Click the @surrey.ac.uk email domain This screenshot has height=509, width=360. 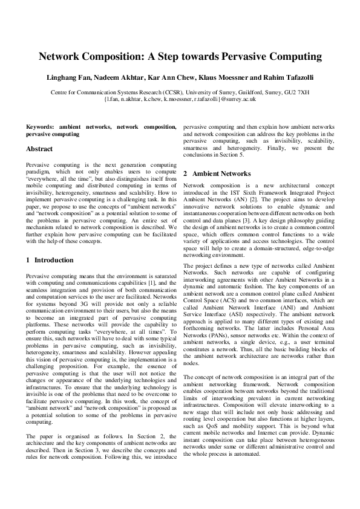click(238, 98)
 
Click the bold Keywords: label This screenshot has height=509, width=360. click(41, 127)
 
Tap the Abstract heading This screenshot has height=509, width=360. click(39, 149)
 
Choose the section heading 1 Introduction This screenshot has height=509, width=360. click(50, 260)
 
